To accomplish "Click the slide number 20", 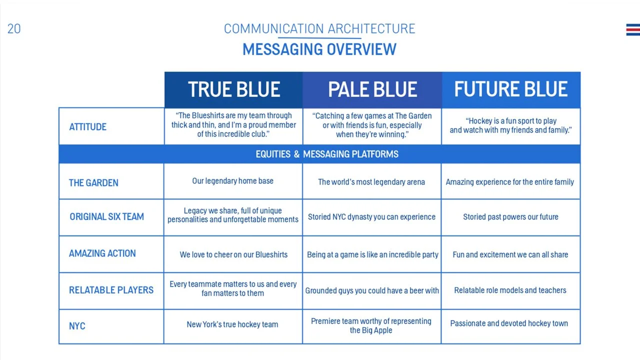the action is click(14, 29).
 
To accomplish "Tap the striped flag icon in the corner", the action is click(632, 30).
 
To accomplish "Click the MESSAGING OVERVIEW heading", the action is click(319, 49).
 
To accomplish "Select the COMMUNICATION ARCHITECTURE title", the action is click(319, 28).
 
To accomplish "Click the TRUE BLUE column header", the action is click(233, 89).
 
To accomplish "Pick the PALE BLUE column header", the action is click(372, 89).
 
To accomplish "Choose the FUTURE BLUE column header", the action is click(510, 89).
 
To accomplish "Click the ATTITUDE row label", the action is click(88, 127).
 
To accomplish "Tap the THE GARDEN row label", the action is click(93, 182).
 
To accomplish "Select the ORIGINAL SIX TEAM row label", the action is click(106, 217).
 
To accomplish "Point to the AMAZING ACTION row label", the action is click(102, 253).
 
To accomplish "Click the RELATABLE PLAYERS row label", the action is click(111, 290).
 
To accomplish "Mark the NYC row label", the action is click(77, 326).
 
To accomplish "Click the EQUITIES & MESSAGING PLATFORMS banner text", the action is click(327, 154).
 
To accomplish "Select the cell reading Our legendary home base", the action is click(232, 181).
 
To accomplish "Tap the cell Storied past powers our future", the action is click(510, 217).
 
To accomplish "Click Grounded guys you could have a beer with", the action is click(372, 290).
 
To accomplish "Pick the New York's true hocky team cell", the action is click(232, 324).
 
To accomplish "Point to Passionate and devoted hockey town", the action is click(509, 323).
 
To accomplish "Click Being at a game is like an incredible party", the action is click(372, 254).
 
